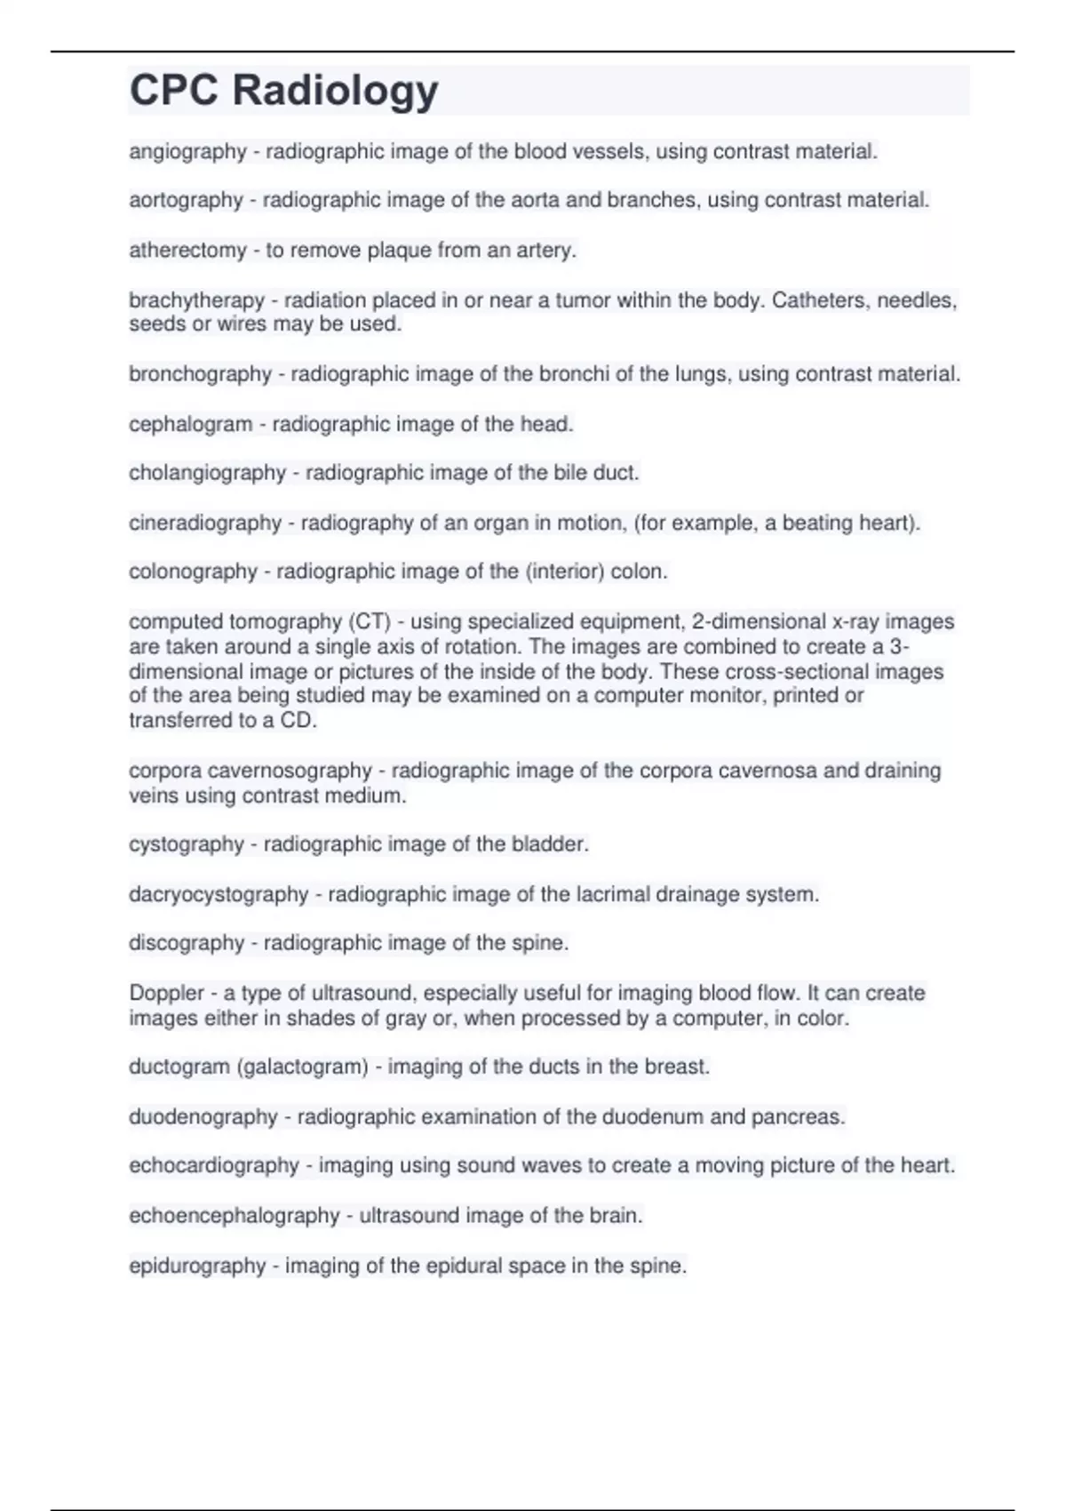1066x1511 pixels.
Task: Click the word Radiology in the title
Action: (335, 90)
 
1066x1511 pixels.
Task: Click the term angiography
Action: (187, 152)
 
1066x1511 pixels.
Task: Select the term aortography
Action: (186, 200)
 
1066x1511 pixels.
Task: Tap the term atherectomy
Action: (187, 251)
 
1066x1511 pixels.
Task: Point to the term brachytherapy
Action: (196, 300)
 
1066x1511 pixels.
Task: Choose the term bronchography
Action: (200, 374)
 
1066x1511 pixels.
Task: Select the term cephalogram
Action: (190, 425)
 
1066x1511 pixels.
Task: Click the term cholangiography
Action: (207, 473)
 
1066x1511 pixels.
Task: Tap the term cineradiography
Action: (204, 523)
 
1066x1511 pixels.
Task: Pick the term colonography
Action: (193, 572)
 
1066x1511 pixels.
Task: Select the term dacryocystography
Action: (219, 894)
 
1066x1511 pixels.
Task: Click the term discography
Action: (186, 943)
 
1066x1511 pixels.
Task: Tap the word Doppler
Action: (166, 993)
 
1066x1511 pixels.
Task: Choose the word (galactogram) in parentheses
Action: (302, 1067)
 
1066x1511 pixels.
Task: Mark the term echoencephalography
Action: (234, 1216)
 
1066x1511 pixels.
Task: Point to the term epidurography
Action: (197, 1266)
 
